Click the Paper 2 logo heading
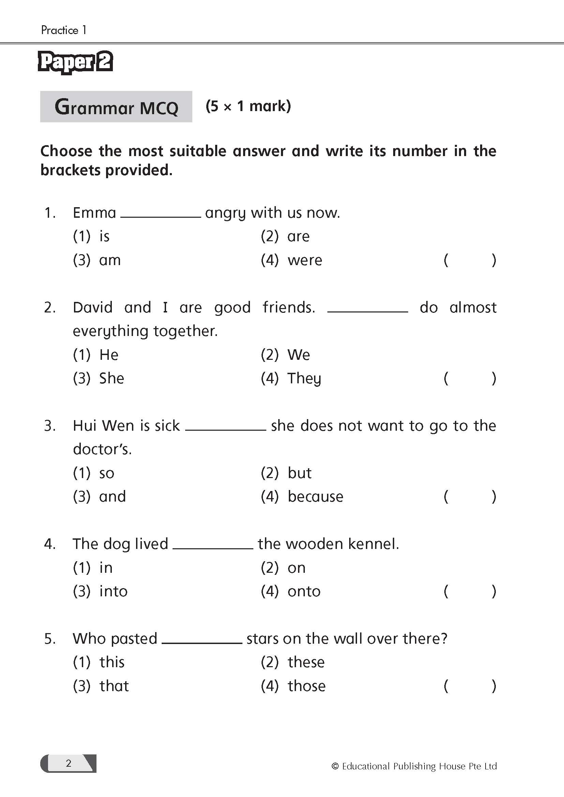pos(75,62)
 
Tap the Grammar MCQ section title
pos(116,107)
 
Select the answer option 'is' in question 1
pos(104,236)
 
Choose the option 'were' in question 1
pos(305,260)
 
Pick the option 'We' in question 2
pos(298,355)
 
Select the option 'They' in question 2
pos(304,378)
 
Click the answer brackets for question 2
pos(470,378)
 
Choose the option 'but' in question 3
pos(299,473)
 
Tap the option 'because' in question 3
pos(315,496)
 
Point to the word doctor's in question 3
pos(102,449)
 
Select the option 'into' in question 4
pos(113,591)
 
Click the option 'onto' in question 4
pos(304,591)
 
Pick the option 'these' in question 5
pos(306,662)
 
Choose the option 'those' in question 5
pos(307,686)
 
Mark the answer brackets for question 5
pos(470,686)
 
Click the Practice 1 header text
pos(63,30)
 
